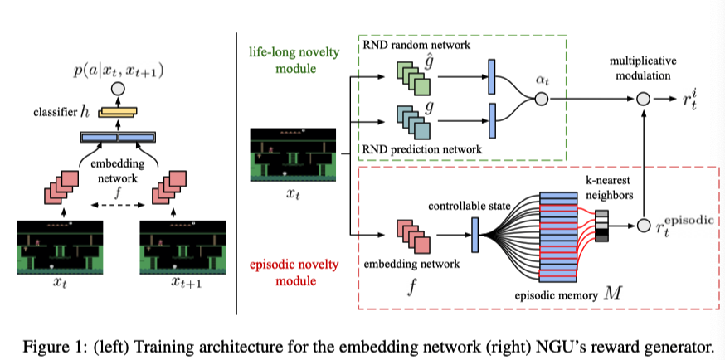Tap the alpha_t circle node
[542, 100]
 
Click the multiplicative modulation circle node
[641, 100]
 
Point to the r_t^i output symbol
[687, 100]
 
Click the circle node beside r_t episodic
[641, 225]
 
